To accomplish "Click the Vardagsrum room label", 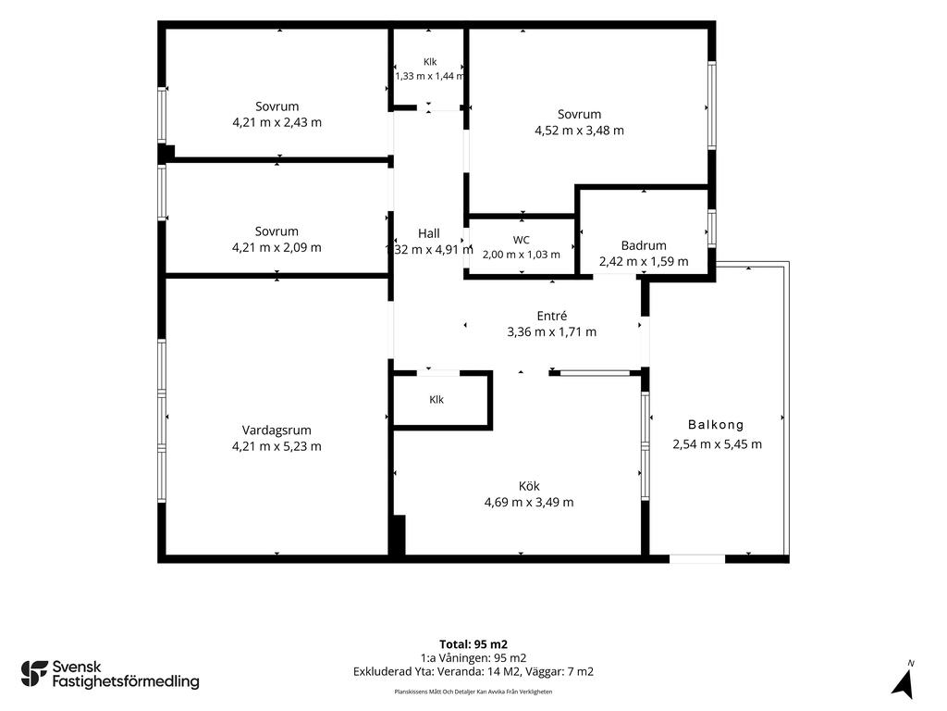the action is point(277,430).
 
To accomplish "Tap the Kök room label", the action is point(529,486).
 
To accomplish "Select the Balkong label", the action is point(717,425).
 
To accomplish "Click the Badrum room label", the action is point(644,245).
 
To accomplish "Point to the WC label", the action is point(522,240).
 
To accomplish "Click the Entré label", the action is point(552,316).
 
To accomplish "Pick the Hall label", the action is point(429,233).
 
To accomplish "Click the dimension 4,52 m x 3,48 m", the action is point(579,131).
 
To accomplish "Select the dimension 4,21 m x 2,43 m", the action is point(277,123).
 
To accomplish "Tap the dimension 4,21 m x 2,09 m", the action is point(277,248).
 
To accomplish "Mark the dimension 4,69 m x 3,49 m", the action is point(529,503).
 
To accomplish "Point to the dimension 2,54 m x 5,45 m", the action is point(718,444).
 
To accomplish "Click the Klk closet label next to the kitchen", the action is point(437,400).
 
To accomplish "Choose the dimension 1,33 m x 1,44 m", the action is point(429,76).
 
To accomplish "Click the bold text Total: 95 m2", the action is point(473,644).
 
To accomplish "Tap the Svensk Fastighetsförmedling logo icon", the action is point(34,674).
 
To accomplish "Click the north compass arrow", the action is point(903,685).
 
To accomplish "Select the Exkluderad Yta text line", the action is point(473,672).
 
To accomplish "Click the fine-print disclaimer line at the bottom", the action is point(473,692).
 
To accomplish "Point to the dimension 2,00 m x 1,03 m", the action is point(522,255).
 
